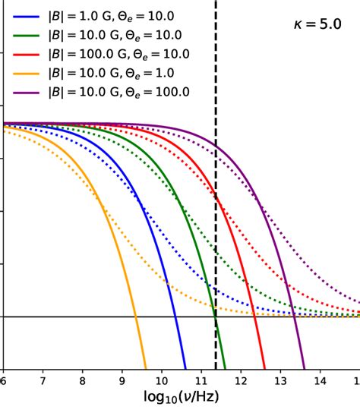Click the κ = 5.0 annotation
pos(319,24)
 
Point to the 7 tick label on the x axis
pos(43,378)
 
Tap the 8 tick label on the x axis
pos(82,378)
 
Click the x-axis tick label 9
pos(122,378)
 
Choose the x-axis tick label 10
pos(161,378)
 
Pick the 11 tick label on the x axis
pos(201,378)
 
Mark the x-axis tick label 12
pos(240,378)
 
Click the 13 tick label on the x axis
pos(279,378)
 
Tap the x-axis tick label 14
pos(319,378)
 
